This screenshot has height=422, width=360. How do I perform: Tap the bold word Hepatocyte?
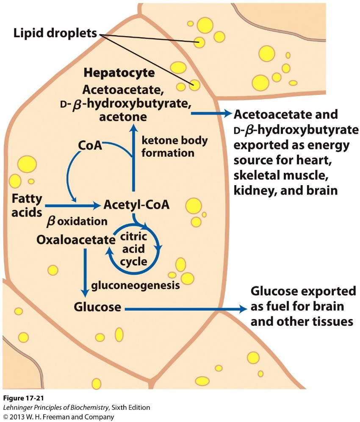tap(119, 72)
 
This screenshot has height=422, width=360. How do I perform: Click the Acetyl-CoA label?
tap(136, 205)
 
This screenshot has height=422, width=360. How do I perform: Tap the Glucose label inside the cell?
tap(98, 306)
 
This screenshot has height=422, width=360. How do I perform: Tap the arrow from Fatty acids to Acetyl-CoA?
tap(72, 205)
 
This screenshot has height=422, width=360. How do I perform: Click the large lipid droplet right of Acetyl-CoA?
tap(194, 205)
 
